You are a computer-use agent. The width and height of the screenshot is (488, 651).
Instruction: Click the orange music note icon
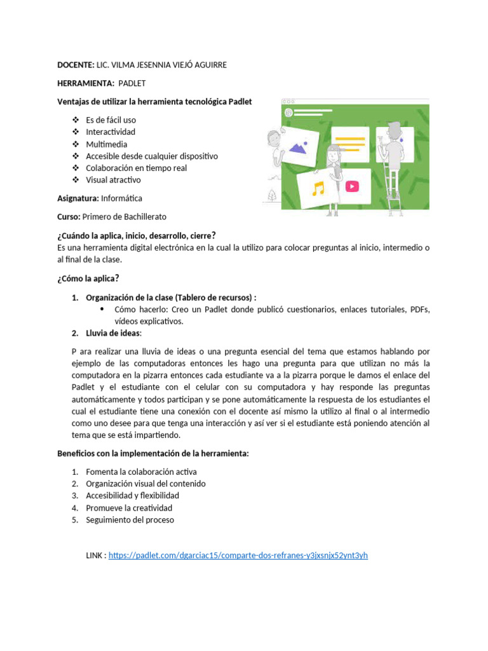[318, 188]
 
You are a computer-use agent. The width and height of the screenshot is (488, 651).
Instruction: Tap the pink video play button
[352, 186]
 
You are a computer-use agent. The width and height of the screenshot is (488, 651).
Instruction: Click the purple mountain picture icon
[298, 148]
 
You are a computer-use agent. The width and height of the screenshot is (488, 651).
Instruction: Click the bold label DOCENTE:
[75, 65]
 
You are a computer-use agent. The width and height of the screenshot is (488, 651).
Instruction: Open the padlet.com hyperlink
[238, 555]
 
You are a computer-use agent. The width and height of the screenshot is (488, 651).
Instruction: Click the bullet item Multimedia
[107, 144]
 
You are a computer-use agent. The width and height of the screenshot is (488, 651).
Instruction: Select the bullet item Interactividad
[111, 132]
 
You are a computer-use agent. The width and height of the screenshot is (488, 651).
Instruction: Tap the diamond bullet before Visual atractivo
[75, 180]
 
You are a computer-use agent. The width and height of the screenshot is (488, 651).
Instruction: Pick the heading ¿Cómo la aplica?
[88, 278]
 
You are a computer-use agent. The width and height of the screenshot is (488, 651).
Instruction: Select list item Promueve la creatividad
[129, 508]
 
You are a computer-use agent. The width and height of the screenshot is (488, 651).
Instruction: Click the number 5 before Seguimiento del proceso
[74, 520]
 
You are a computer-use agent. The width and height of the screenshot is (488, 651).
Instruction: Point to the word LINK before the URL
[95, 555]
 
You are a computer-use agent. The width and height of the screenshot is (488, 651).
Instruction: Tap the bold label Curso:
[70, 217]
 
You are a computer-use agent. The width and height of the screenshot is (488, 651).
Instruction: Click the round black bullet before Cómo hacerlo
[103, 309]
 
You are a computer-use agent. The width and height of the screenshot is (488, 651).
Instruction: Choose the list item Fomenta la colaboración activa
[141, 472]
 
